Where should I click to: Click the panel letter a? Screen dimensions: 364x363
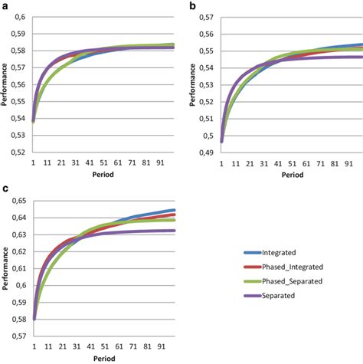(x=5, y=5)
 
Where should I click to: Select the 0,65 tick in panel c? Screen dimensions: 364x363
(x=17, y=201)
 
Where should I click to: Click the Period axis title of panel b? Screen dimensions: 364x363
(x=289, y=175)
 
